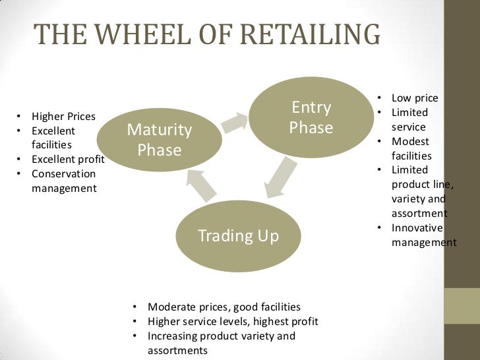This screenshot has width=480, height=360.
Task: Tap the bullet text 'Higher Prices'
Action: (x=63, y=117)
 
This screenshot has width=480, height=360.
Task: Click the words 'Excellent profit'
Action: (x=68, y=160)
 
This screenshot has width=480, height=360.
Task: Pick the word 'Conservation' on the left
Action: (x=63, y=174)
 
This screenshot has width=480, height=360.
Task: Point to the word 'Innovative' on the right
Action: (x=417, y=228)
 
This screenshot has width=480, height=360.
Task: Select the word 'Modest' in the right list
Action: (x=410, y=141)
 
